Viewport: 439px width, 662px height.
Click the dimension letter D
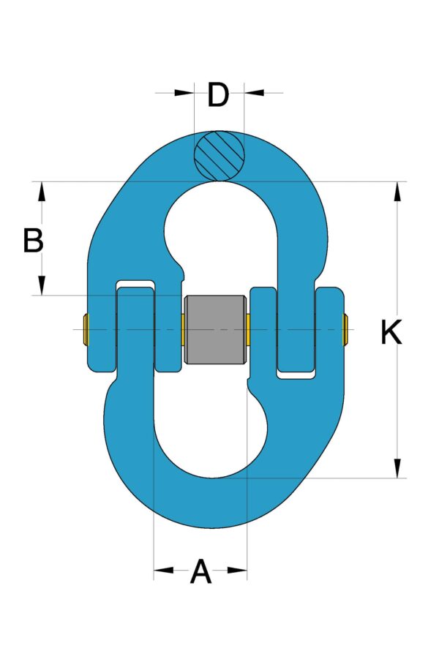[218, 95]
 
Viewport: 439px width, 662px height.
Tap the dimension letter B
[33, 241]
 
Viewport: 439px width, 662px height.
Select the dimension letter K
[391, 333]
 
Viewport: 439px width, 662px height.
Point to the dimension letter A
[200, 571]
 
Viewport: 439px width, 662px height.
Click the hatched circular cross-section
[219, 155]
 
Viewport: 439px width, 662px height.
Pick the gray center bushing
[214, 329]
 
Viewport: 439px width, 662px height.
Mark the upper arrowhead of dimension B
[42, 192]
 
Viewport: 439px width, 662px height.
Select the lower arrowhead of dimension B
[42, 285]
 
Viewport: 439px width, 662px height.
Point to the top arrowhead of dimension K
[397, 191]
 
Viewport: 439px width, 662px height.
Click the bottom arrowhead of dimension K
[397, 468]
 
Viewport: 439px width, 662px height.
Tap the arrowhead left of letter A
[163, 570]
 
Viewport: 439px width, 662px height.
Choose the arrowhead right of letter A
[238, 570]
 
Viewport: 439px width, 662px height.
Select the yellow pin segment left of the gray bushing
[181, 330]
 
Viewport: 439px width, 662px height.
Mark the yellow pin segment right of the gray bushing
[248, 330]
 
